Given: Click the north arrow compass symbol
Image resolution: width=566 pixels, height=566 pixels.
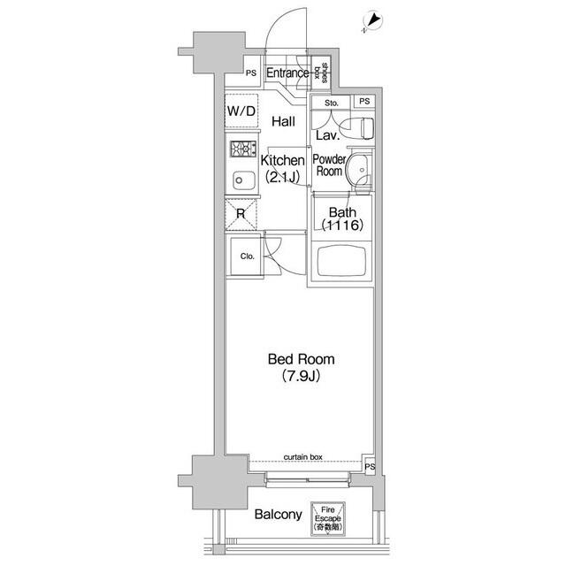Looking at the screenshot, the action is (x=373, y=21).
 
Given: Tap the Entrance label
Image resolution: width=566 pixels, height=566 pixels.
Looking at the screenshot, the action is (x=287, y=73).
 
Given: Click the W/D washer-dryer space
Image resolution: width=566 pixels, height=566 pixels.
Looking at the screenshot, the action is (x=241, y=111).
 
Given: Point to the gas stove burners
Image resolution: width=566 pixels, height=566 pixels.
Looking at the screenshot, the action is (x=244, y=149).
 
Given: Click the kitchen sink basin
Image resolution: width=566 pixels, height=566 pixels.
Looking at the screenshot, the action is (x=244, y=180).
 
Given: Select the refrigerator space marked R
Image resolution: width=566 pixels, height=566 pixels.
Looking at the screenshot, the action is (x=241, y=214).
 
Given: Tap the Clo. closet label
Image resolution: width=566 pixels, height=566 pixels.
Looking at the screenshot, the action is (x=248, y=256).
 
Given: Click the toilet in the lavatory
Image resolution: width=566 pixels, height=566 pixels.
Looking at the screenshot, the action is (x=358, y=128).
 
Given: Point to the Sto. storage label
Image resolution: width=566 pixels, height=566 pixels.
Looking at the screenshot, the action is (x=332, y=103).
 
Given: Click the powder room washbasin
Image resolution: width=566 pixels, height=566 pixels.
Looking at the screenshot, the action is (x=359, y=170).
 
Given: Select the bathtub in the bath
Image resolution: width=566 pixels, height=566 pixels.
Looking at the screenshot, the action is (x=341, y=261).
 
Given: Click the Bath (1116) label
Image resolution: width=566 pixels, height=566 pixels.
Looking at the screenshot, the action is (x=342, y=218).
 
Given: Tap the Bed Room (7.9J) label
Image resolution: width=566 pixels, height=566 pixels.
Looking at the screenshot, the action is (x=301, y=368).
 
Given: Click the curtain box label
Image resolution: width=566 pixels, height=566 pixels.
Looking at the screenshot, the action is (x=302, y=457).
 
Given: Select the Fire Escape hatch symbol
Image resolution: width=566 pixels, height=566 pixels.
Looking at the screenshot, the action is (x=328, y=519).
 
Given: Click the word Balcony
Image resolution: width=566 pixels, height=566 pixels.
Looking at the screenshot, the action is (x=279, y=515).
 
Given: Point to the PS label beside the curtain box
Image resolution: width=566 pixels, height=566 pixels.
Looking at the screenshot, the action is (x=370, y=467).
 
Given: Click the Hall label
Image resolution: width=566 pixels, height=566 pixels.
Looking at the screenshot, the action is (x=283, y=121).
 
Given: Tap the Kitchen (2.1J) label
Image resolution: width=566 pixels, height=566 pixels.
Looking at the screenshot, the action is (x=283, y=168).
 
